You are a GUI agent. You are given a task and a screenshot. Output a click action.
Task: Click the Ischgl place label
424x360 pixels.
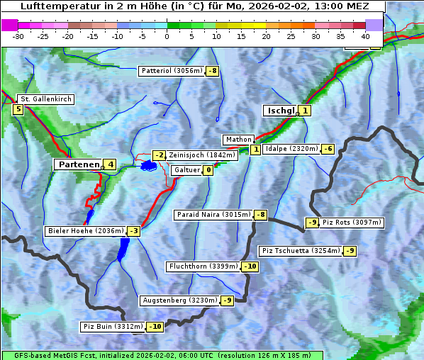(x=281, y=111)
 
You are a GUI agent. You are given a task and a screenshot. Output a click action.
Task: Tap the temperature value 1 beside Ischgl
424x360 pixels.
(x=305, y=111)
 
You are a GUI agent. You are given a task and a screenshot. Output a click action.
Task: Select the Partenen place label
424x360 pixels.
(x=78, y=164)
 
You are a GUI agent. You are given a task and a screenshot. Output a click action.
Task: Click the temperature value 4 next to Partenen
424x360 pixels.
(x=110, y=164)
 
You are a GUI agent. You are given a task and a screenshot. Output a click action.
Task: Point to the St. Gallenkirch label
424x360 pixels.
(x=46, y=99)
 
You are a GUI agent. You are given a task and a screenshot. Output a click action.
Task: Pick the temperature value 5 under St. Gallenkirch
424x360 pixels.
(x=18, y=109)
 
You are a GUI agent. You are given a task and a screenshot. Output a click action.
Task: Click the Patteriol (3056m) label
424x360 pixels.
(x=172, y=71)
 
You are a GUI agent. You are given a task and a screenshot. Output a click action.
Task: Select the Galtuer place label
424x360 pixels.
(x=186, y=170)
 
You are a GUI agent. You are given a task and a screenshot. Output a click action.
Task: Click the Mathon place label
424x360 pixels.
(x=238, y=140)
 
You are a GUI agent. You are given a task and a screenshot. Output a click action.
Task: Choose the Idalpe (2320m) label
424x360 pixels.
(x=291, y=149)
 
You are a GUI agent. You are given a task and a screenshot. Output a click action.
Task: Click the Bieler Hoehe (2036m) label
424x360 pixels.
(x=86, y=231)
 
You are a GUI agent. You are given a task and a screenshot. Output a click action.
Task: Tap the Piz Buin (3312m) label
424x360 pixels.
(x=113, y=327)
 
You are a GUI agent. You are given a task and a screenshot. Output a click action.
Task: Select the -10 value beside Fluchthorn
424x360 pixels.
(x=250, y=266)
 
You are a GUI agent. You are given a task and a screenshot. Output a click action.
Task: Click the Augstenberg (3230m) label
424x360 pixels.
(x=180, y=300)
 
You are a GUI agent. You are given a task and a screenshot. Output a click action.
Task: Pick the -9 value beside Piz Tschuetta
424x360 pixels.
(x=350, y=251)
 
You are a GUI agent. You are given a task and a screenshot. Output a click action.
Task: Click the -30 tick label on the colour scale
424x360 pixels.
(x=18, y=36)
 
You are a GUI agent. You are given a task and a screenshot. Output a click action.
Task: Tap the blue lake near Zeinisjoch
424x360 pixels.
(x=148, y=166)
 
